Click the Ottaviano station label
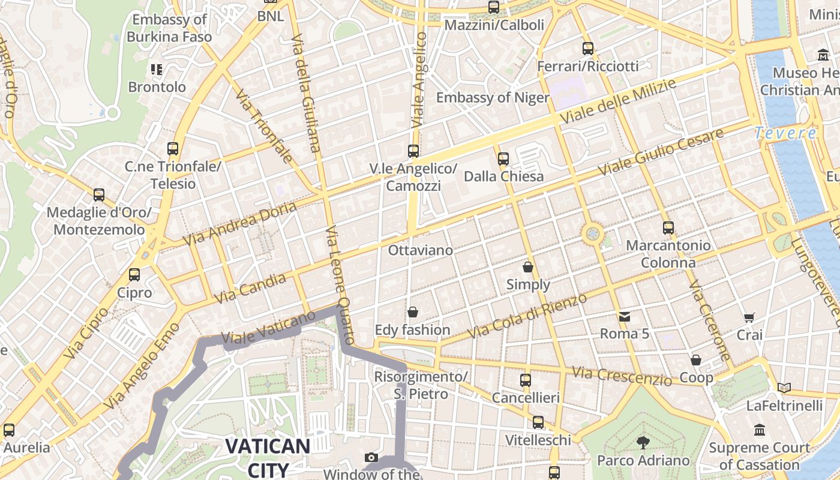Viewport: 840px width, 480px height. pos(420,250)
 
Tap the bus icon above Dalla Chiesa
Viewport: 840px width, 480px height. pos(503,159)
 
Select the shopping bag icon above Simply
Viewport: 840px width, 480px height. pos(528,266)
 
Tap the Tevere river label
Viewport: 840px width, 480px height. pos(785,133)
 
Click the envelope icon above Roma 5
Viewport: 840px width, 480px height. pos(625,316)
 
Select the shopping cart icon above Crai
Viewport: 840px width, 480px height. pos(749,317)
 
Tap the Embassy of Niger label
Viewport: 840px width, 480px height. pos(493,98)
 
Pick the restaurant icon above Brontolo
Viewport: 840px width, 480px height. pos(157,70)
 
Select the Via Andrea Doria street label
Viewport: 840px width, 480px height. pos(239,223)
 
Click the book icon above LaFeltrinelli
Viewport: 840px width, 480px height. pos(784,388)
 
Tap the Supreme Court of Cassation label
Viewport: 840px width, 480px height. pos(759,456)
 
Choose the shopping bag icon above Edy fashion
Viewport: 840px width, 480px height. pos(412,313)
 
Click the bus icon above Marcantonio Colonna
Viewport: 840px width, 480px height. pos(668,228)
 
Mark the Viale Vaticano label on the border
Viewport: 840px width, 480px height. pos(268,328)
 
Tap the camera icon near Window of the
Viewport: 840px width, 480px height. pos(371,458)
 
